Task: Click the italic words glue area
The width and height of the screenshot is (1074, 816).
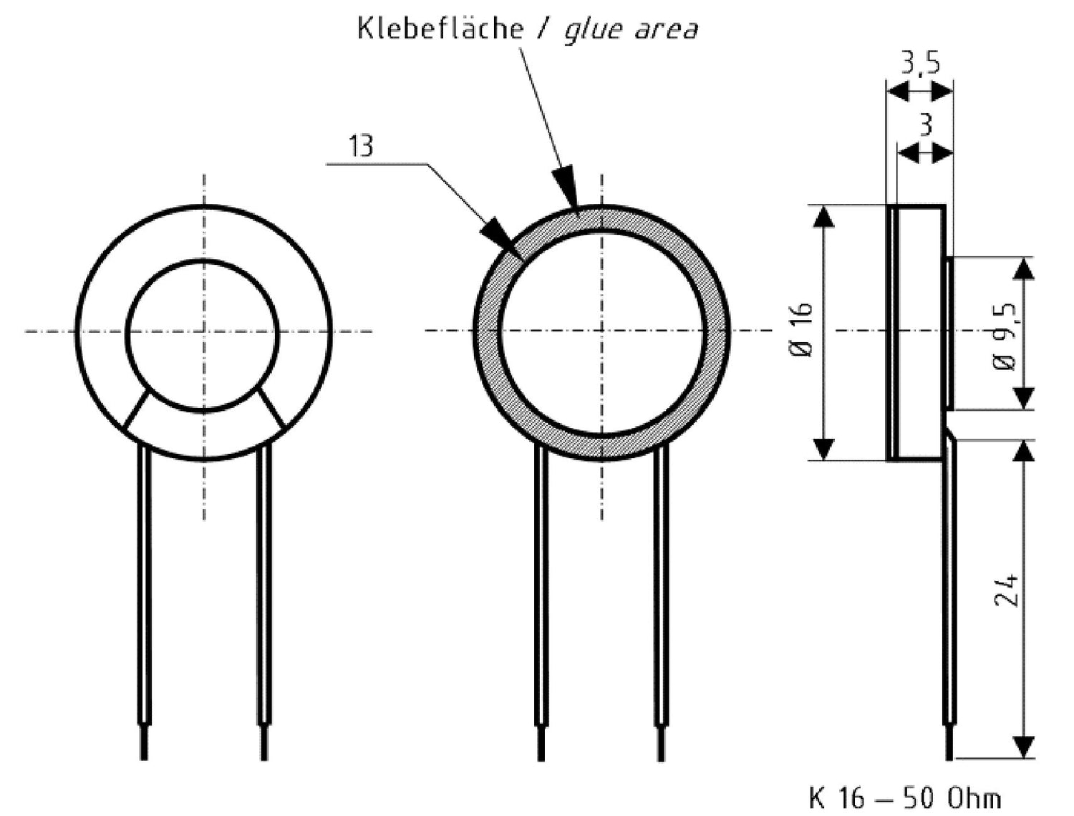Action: tap(630, 30)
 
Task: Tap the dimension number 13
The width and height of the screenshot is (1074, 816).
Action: tap(361, 146)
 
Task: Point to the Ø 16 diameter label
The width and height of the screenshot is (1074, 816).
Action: tap(803, 331)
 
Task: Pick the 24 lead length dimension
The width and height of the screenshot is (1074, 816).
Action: tap(1006, 588)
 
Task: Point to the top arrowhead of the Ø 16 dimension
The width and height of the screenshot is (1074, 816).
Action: tap(823, 215)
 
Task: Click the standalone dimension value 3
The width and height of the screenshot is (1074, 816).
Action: tap(926, 125)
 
